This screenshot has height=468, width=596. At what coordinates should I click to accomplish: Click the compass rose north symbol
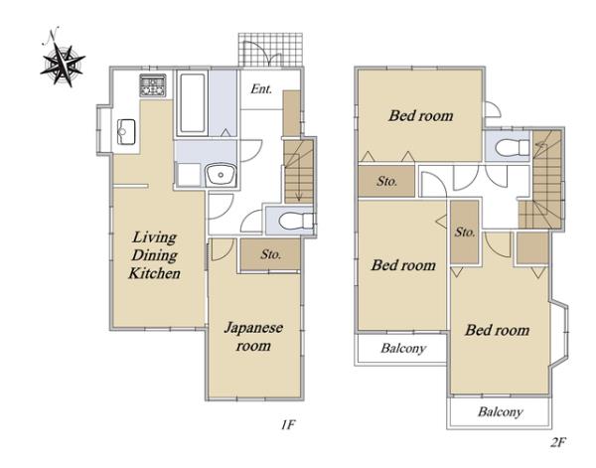62,59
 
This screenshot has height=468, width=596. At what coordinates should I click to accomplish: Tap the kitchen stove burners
153,85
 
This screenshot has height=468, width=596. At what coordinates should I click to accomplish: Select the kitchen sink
126,132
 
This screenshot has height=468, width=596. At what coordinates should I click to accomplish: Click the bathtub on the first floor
193,103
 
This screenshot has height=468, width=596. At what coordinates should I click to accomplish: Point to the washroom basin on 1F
221,175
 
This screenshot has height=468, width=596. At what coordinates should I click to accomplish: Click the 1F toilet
296,221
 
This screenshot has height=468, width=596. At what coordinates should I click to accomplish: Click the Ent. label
261,89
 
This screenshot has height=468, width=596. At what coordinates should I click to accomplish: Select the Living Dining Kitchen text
154,255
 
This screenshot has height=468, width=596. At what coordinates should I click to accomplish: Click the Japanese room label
253,337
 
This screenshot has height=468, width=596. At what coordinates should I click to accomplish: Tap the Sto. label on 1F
270,254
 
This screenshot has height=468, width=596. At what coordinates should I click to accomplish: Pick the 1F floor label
288,424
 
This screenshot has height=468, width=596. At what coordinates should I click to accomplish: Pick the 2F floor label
558,442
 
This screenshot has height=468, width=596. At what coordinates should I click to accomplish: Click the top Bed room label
421,115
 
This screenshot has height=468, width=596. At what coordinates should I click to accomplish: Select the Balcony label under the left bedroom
403,348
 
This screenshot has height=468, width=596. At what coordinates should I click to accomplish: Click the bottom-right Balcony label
501,411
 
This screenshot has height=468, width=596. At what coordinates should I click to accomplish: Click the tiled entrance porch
270,50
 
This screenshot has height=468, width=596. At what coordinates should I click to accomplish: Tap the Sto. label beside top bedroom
387,182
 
